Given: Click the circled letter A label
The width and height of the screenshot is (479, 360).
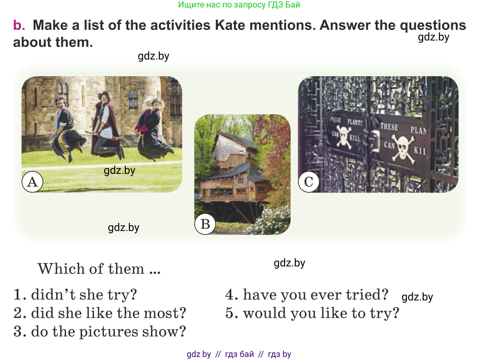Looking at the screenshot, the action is click(32, 182).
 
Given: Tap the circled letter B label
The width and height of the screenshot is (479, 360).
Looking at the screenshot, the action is click(205, 224).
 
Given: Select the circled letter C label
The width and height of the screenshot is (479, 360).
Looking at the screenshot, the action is click(309, 182).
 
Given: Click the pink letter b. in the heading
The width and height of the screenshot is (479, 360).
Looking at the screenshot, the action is click(19, 25).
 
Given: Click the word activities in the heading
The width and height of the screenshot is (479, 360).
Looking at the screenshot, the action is click(180, 25).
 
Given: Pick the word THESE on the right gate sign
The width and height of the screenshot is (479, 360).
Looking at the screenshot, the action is click(389, 127).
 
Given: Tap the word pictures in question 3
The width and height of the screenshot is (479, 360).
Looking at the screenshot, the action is click(108, 332).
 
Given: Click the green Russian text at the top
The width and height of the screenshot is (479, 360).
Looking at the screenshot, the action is click(239, 4).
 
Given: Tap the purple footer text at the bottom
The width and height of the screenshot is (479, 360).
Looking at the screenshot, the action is click(239, 354).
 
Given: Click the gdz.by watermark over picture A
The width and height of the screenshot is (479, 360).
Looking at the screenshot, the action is click(120, 171).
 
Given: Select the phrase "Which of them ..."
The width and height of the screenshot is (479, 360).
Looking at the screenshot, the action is click(99, 268).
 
